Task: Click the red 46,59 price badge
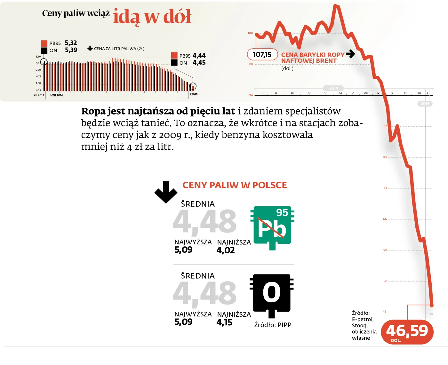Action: tap(407, 332)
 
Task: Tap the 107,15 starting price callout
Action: tap(262, 54)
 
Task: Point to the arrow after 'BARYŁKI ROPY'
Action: tap(351, 54)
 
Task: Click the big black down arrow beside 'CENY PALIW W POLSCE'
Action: tap(166, 192)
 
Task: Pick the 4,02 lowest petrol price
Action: tap(226, 250)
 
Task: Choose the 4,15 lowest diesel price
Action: tap(224, 322)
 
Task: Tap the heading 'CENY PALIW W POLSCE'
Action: tap(235, 185)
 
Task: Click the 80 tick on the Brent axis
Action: tap(385, 157)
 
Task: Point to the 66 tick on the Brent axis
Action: tap(385, 219)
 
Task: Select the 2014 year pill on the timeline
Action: tap(333, 88)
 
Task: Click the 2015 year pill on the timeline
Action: tap(425, 104)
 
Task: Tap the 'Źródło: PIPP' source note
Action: tap(273, 325)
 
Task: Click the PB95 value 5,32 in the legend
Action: tap(71, 43)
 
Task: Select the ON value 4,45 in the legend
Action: tap(199, 63)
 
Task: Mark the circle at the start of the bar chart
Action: tap(44, 62)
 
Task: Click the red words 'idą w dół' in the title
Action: tap(152, 17)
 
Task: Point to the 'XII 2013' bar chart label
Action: tap(39, 95)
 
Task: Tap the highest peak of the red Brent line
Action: tap(336, 6)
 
